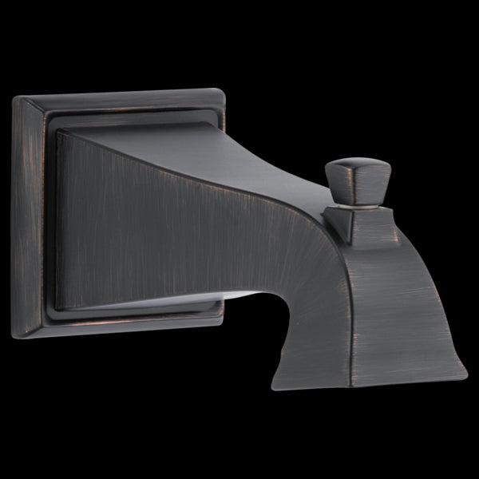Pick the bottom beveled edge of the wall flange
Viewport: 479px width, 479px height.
tap(128, 326)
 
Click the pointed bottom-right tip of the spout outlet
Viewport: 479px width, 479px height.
tap(466, 370)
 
